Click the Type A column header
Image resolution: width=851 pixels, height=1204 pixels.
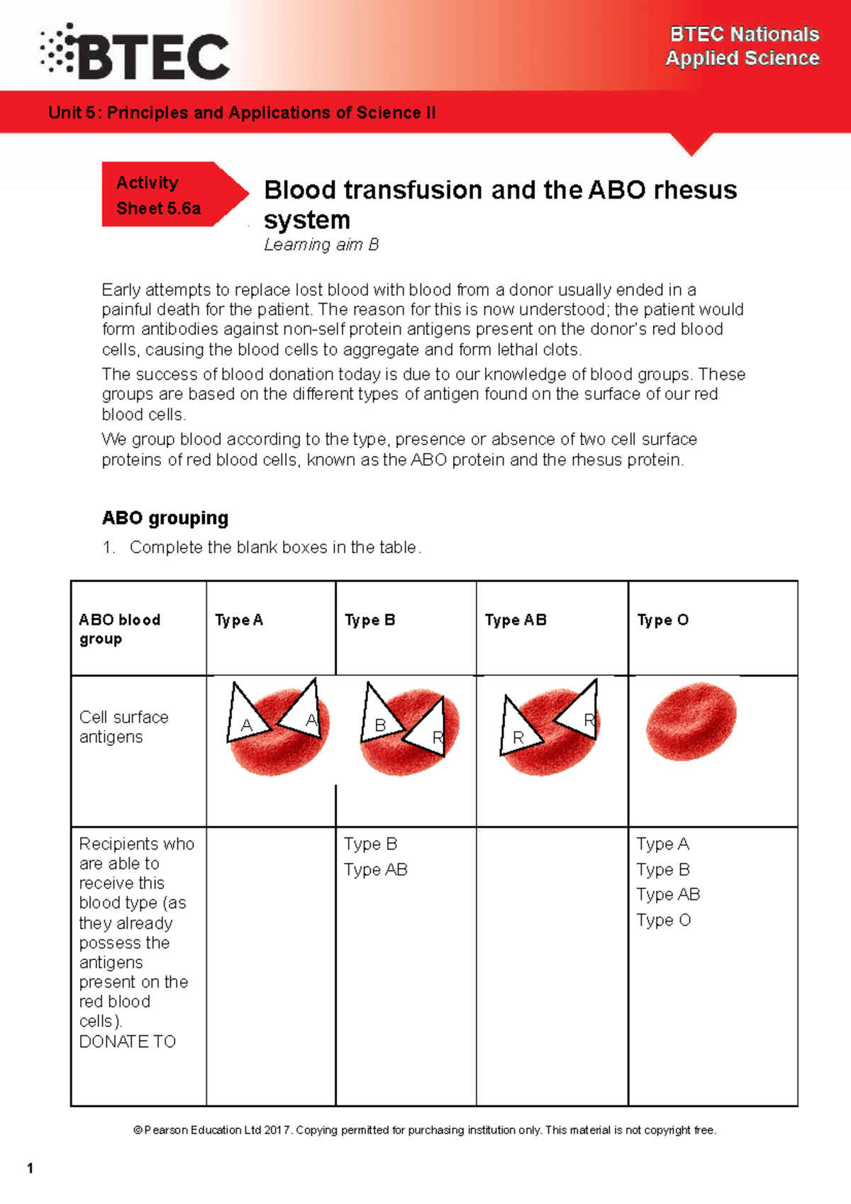pos(239,620)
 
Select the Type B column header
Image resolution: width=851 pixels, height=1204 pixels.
pos(369,620)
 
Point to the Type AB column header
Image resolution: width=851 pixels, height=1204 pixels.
pos(516,620)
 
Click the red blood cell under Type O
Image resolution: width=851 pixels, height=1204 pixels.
pos(691,722)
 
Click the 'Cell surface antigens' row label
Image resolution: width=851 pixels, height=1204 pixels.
pos(124,727)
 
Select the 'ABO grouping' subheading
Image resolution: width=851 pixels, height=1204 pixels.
pos(165,518)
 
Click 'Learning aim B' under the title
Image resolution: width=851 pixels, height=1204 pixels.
pos(321,245)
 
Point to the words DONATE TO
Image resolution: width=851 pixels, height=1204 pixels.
pos(128,1042)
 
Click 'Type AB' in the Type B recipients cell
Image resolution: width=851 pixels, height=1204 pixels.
pos(376,870)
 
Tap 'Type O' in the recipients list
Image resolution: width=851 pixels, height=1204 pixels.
pos(663,920)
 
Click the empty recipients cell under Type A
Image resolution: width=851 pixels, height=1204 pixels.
pos(271,964)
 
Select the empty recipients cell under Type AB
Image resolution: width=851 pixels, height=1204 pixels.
pos(552,964)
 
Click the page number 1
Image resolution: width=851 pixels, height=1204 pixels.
pos(30,1168)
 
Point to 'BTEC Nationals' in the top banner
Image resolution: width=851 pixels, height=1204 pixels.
pos(745,34)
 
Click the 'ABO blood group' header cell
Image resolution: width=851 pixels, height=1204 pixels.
pos(121,629)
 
